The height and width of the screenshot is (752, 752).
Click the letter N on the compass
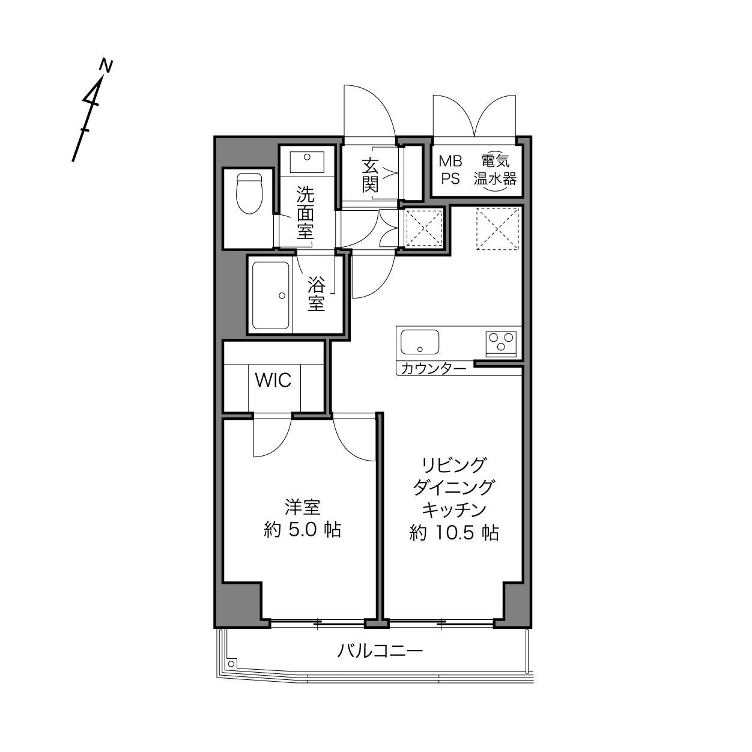(106, 65)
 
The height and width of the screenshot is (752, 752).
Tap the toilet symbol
(249, 193)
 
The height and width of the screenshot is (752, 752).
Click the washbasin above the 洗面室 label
(307, 162)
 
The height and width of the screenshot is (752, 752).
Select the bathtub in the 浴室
(271, 296)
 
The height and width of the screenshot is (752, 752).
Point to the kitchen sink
(420, 342)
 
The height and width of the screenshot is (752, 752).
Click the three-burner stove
(501, 344)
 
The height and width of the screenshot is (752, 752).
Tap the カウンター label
(433, 369)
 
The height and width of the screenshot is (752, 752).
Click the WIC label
(273, 380)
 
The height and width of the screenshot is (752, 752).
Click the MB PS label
(450, 170)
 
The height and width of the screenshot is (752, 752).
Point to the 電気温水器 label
(495, 170)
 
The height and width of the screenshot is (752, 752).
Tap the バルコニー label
(380, 651)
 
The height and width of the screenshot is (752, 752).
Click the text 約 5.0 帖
(303, 530)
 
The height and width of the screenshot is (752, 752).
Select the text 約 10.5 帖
(454, 533)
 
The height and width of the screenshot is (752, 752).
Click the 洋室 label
(303, 508)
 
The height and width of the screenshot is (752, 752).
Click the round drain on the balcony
(231, 664)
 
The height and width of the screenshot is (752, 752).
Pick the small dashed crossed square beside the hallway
(424, 228)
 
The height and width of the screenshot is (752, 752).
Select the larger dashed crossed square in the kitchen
(497, 229)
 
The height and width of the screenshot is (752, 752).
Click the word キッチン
(454, 510)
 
